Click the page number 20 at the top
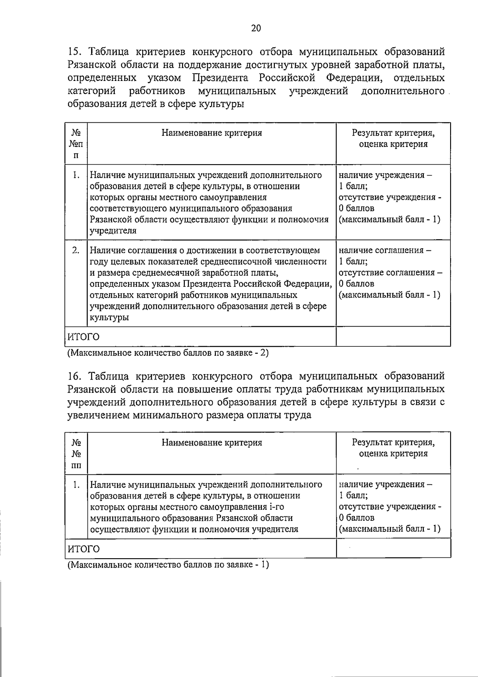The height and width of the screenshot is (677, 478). click(256, 28)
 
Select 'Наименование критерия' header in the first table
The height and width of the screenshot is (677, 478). click(212, 133)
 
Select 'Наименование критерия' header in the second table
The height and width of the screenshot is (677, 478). click(212, 442)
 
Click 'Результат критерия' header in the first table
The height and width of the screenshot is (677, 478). click(393, 133)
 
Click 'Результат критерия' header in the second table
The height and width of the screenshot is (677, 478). click(393, 442)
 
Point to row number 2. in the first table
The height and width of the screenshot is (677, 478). click(76, 250)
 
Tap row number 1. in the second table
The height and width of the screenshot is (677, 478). click(76, 484)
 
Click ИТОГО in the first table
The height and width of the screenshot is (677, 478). click(83, 337)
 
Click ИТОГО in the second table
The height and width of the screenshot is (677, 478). click(83, 549)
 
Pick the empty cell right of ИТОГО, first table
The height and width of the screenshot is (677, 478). click(393, 337)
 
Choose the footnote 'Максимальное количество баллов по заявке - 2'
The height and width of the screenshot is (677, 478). click(168, 353)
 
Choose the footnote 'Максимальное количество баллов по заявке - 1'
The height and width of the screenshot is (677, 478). click(168, 565)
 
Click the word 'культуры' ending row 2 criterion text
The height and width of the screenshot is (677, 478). click(109, 317)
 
